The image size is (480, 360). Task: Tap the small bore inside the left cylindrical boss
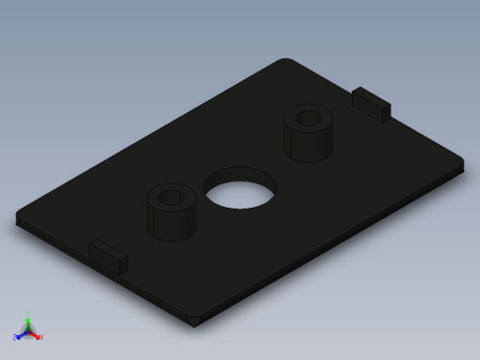tap(171, 197)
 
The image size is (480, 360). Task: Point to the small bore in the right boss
tap(308, 118)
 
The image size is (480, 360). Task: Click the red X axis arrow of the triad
tap(35, 334)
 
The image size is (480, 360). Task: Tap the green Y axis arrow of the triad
tap(29, 322)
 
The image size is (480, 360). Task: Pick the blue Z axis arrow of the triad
tap(22, 334)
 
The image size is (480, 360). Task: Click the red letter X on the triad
tap(41, 337)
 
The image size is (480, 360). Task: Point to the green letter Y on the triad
tap(29, 315)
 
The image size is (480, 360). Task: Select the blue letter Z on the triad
tap(17, 338)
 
